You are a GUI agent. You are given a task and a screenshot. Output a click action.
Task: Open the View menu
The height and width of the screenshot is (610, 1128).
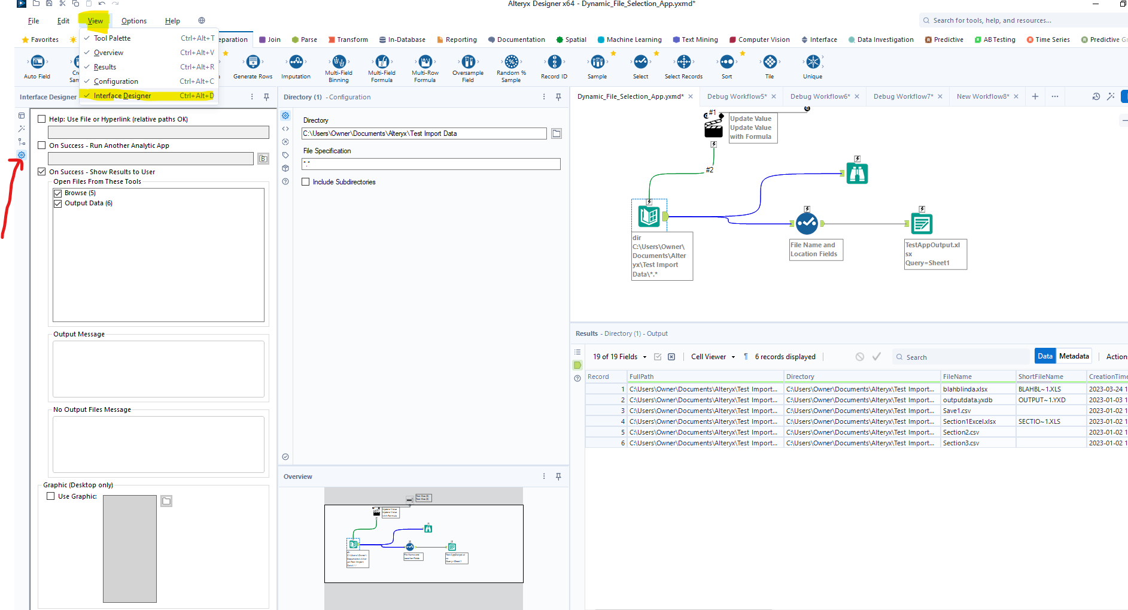click(95, 21)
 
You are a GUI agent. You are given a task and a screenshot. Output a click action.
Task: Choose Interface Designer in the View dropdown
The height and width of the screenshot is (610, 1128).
click(122, 96)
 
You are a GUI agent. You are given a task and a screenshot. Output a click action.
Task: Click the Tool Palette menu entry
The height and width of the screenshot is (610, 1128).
click(112, 38)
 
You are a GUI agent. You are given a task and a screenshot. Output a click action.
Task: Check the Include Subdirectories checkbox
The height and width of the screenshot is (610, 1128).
click(306, 182)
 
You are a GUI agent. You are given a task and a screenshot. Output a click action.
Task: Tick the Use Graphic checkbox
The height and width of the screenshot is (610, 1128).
click(51, 496)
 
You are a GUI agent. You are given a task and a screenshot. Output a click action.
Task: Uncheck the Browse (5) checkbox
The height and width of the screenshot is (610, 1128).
click(58, 193)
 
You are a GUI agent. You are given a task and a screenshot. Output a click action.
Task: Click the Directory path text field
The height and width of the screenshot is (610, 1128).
click(424, 133)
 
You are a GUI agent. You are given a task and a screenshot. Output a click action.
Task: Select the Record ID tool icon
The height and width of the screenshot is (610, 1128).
click(554, 62)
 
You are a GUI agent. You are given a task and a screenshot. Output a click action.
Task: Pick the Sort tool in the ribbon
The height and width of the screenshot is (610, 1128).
click(726, 62)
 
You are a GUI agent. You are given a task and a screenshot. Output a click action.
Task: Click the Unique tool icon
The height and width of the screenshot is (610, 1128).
click(813, 62)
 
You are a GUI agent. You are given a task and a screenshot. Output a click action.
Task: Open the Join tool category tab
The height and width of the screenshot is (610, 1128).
click(270, 40)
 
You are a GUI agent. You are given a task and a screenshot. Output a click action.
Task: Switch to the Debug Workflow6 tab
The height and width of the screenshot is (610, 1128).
click(819, 96)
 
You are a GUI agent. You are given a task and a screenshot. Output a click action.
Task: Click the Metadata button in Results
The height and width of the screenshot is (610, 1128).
click(1074, 356)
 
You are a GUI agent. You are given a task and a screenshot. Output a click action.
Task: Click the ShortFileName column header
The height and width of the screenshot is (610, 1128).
click(1041, 377)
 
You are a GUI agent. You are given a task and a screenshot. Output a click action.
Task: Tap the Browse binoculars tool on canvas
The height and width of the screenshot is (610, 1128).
click(857, 174)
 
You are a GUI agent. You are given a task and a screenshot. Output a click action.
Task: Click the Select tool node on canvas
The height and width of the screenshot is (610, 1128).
click(807, 223)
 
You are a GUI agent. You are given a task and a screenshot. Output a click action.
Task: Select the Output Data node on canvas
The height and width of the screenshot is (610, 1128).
click(922, 224)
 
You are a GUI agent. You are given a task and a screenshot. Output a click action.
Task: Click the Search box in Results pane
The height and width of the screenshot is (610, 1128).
click(963, 357)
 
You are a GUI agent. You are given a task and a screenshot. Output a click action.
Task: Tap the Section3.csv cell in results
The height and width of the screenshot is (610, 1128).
click(961, 443)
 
